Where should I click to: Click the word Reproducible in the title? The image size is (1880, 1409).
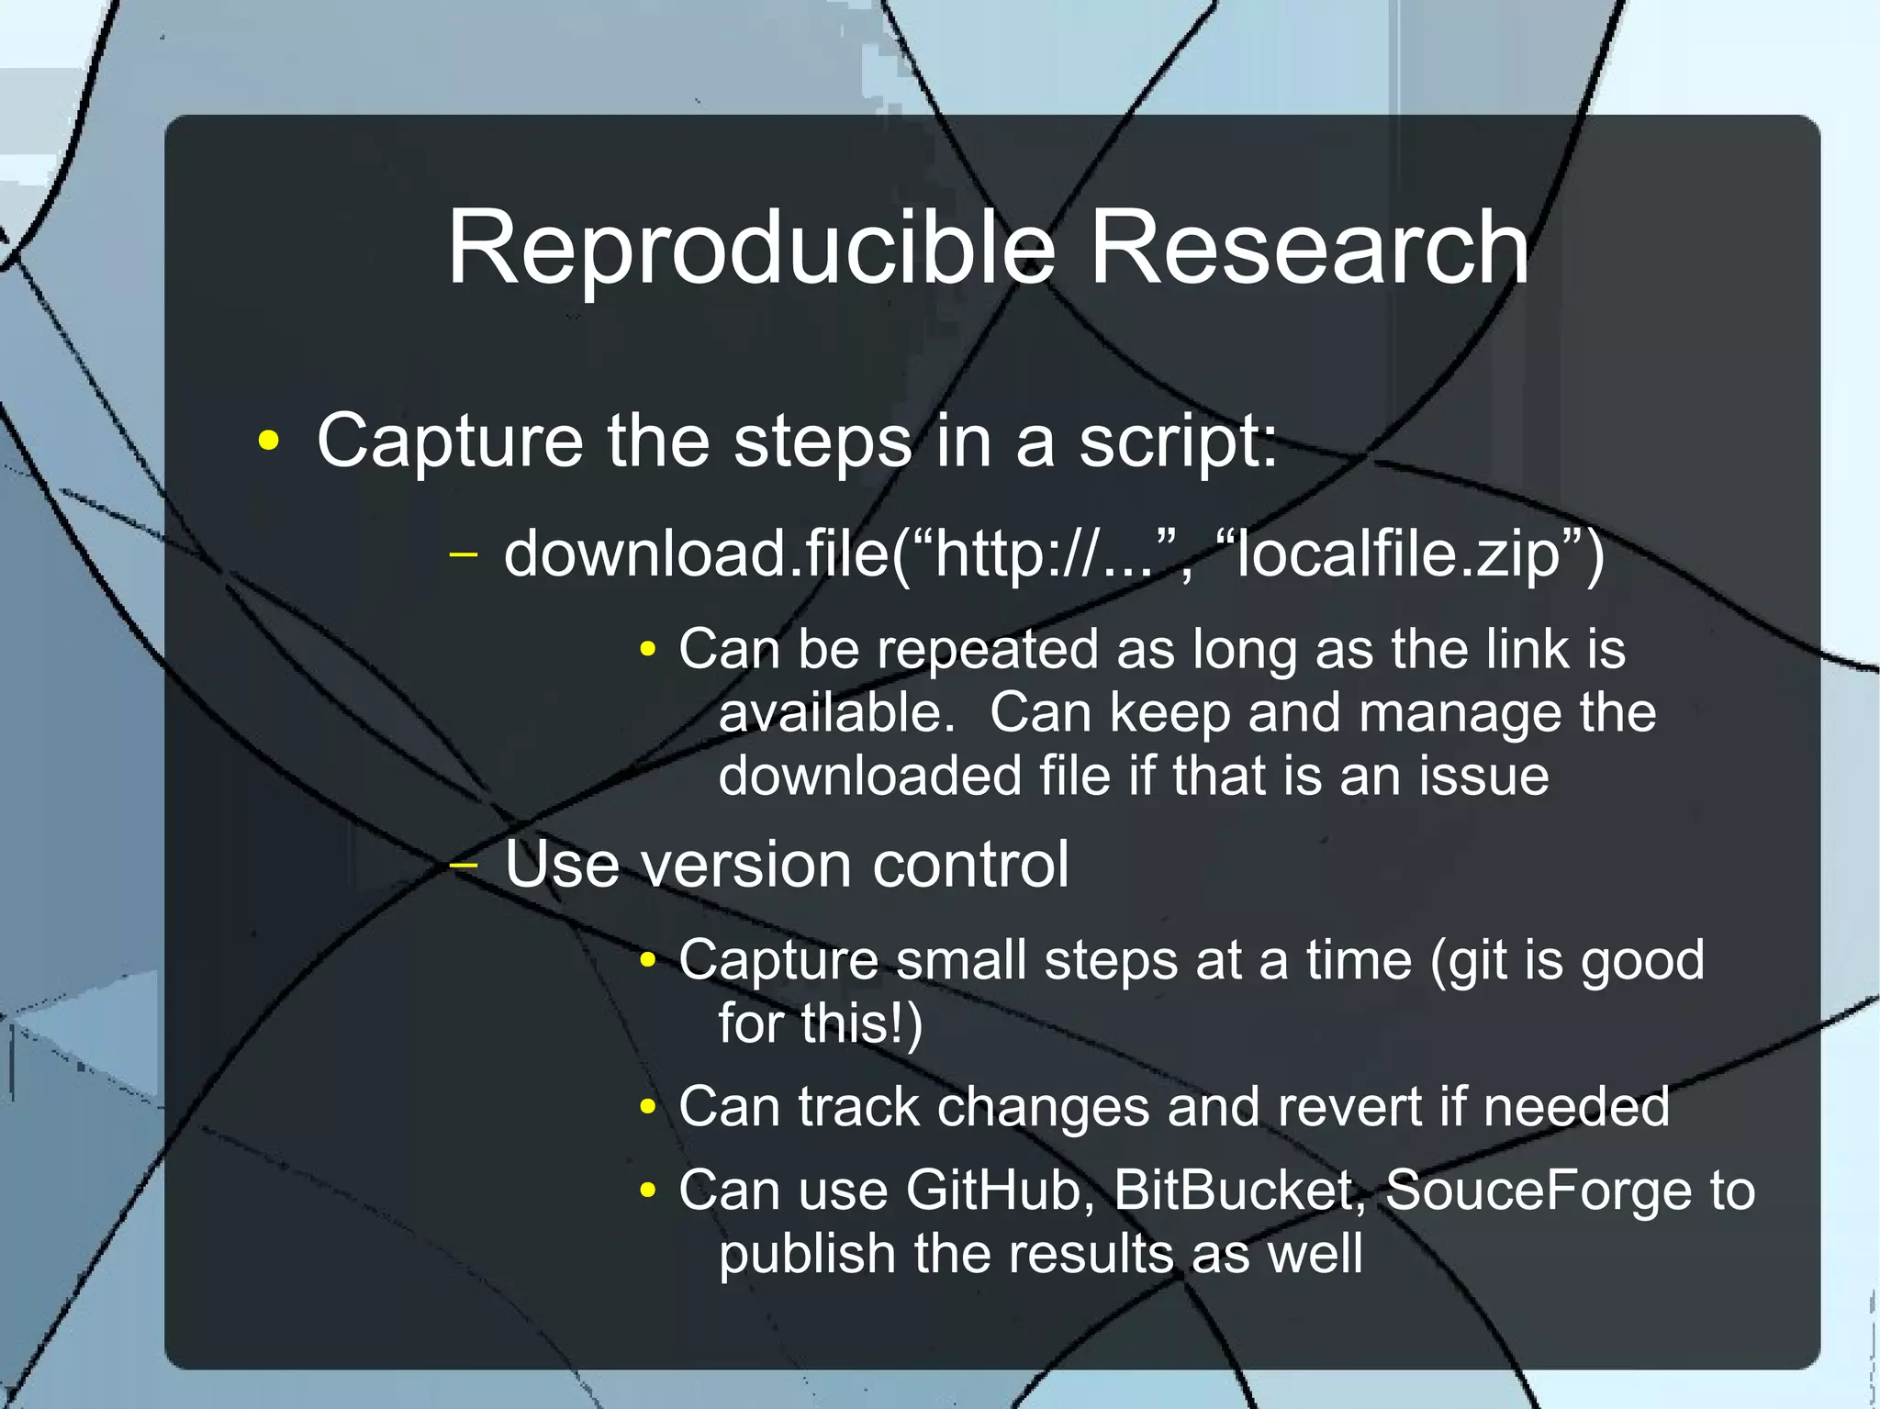pyautogui.click(x=751, y=249)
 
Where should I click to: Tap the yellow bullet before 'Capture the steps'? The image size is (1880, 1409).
pyautogui.click(x=268, y=442)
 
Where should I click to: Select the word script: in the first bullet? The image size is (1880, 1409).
pyautogui.click(x=1177, y=442)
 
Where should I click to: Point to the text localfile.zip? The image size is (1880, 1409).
pyautogui.click(x=1398, y=555)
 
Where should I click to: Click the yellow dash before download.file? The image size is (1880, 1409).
pyautogui.click(x=464, y=554)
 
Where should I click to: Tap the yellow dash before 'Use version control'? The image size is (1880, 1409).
pyautogui.click(x=464, y=865)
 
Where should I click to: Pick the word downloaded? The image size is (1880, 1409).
pyautogui.click(x=869, y=776)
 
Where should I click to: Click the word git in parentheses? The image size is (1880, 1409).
pyautogui.click(x=1472, y=962)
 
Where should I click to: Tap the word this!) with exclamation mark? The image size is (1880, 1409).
pyautogui.click(x=861, y=1023)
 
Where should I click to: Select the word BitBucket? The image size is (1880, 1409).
pyautogui.click(x=1235, y=1191)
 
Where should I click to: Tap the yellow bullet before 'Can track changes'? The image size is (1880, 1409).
pyautogui.click(x=648, y=1108)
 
